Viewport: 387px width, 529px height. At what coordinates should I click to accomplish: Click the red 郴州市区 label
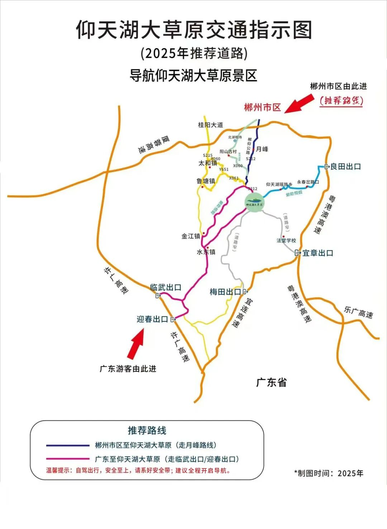click(262, 107)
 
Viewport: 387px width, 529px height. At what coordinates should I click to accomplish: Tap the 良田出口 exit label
click(345, 166)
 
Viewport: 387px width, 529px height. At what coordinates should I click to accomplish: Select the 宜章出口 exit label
click(317, 253)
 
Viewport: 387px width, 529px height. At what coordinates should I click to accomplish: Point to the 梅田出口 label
click(225, 292)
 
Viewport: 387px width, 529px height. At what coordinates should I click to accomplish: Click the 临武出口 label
click(166, 287)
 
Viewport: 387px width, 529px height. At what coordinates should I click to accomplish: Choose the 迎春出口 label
click(153, 319)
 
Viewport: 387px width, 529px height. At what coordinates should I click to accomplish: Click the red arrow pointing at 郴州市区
click(299, 104)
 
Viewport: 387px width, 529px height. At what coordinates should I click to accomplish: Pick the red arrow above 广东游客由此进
click(136, 344)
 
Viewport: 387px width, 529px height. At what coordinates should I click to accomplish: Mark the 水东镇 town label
click(206, 252)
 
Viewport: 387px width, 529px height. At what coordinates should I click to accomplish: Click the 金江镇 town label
click(191, 236)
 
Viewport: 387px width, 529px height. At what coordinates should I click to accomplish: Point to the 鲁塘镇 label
click(206, 181)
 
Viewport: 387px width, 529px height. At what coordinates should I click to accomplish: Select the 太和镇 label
click(208, 163)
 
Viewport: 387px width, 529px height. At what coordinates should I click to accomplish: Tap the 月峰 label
click(262, 149)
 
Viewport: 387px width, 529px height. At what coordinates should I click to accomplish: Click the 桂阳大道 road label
click(210, 125)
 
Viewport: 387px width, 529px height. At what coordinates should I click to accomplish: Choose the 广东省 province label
click(271, 382)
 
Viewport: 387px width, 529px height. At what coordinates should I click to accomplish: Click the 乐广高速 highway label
click(358, 312)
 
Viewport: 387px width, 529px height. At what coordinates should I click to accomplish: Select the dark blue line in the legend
click(67, 445)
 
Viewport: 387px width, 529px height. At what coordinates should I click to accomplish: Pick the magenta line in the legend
click(67, 459)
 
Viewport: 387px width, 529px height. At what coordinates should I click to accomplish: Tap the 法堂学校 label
click(286, 240)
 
